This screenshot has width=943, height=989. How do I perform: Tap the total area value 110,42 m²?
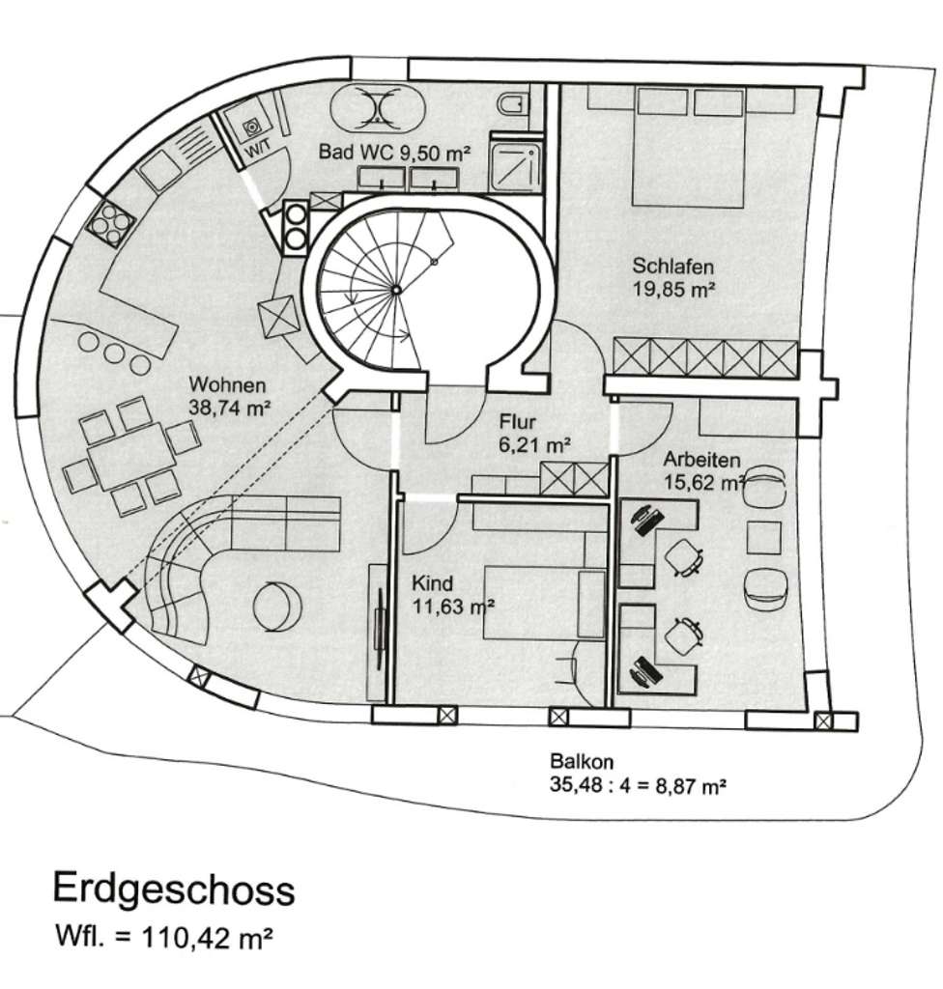(204, 937)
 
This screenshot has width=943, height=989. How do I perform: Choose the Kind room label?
(432, 584)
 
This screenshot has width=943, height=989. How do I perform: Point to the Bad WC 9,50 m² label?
(394, 153)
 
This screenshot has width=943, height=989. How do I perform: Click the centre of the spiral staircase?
(395, 289)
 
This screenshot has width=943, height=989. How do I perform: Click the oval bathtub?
(375, 105)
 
